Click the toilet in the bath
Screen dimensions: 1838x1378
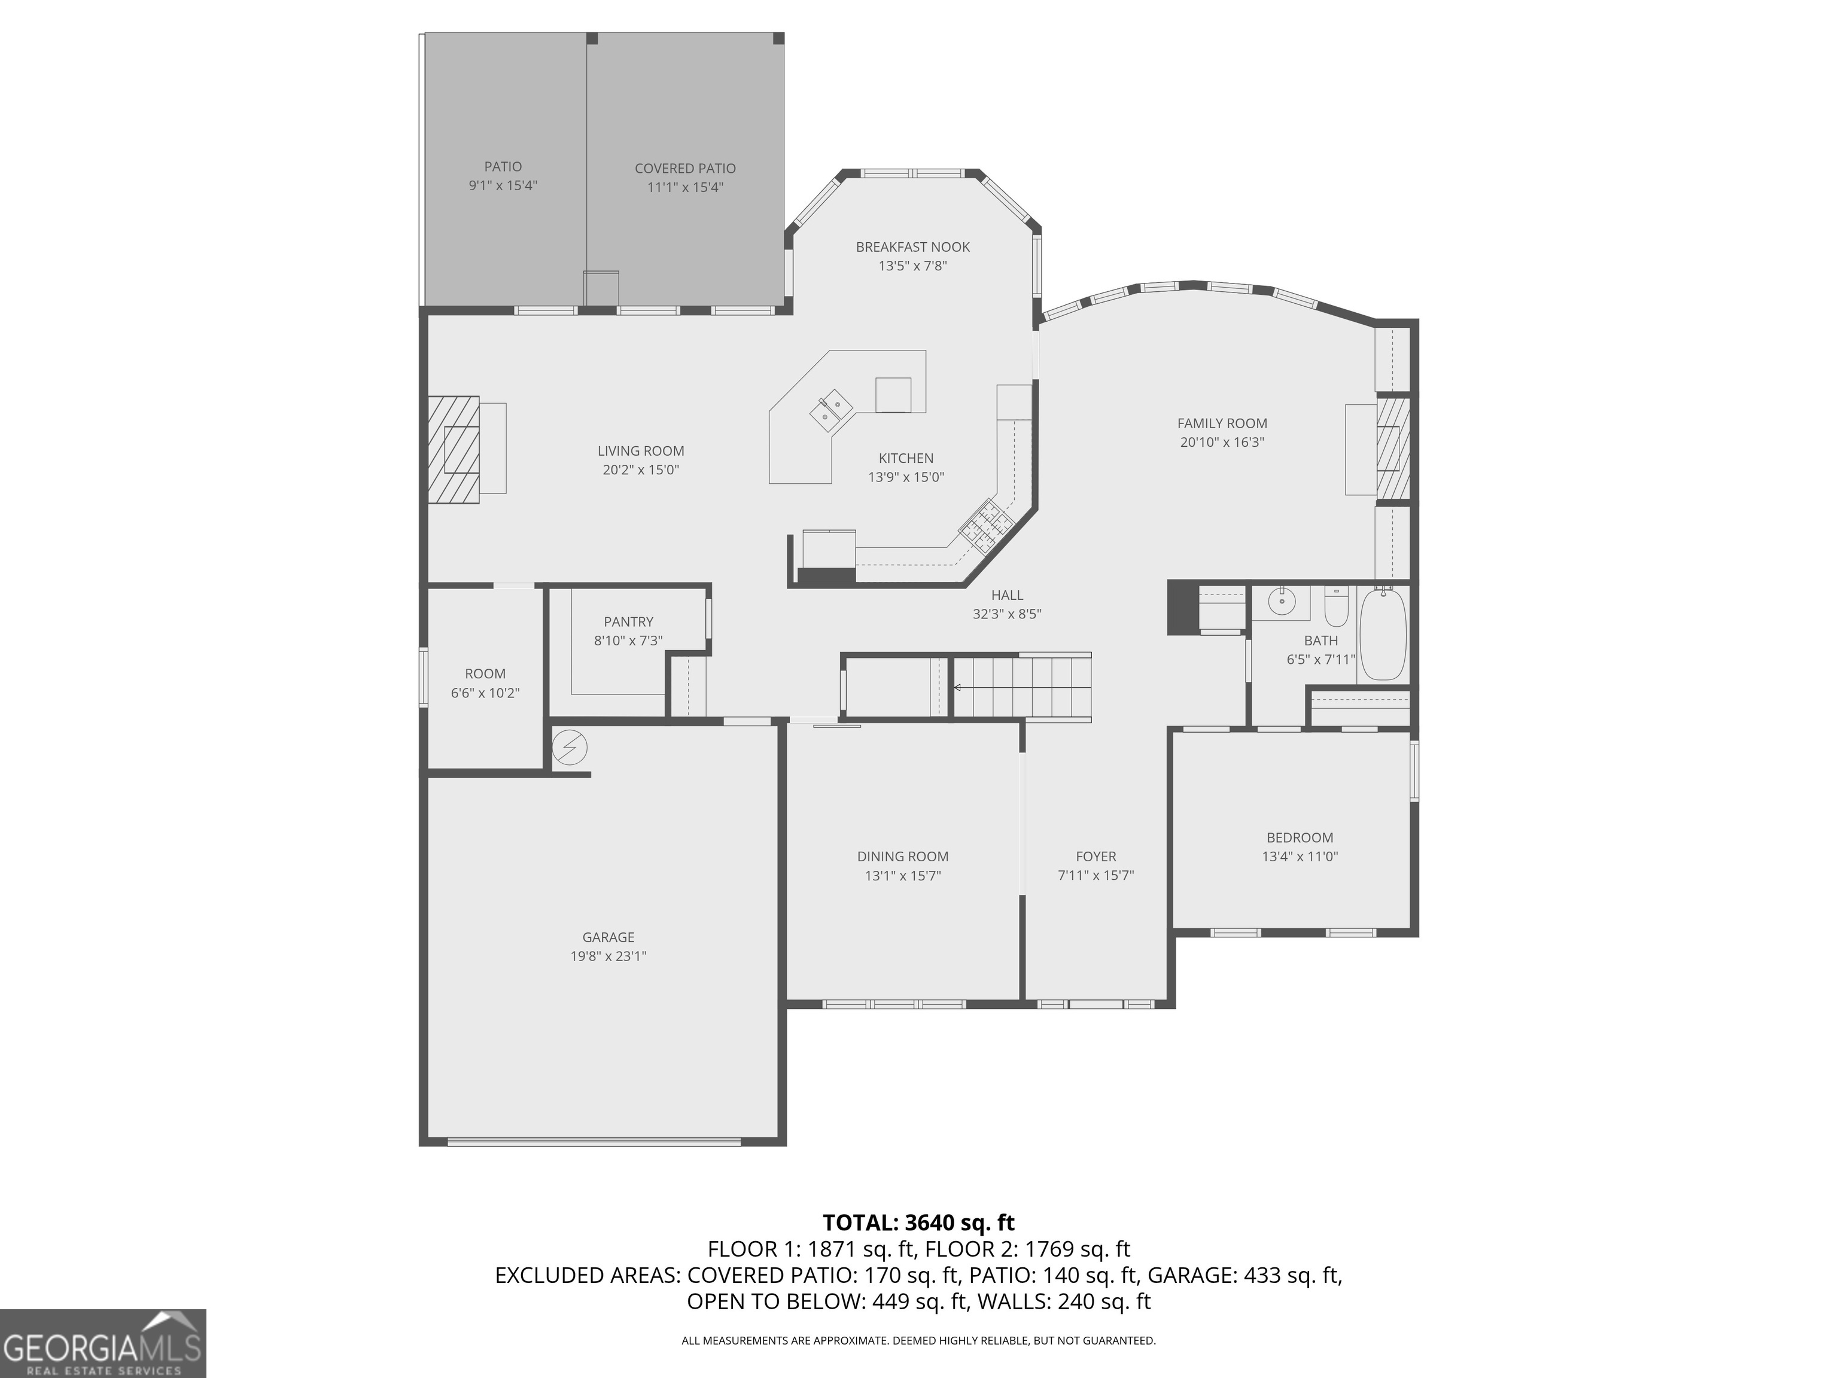1335,607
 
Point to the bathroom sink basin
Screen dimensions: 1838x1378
1282,600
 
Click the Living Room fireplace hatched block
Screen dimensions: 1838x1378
454,449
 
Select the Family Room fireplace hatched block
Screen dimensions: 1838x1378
1393,449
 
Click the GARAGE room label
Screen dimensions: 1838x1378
608,937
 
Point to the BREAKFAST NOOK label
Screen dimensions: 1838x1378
912,246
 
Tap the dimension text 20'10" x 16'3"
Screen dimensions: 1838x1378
1222,442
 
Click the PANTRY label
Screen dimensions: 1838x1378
628,621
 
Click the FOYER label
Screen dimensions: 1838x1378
1095,856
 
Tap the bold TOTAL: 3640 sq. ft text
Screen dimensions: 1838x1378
918,1222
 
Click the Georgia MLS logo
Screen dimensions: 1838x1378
103,1343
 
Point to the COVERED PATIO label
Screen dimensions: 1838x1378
684,169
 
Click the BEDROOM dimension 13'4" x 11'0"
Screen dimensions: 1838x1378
1300,856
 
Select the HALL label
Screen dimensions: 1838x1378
1007,595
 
